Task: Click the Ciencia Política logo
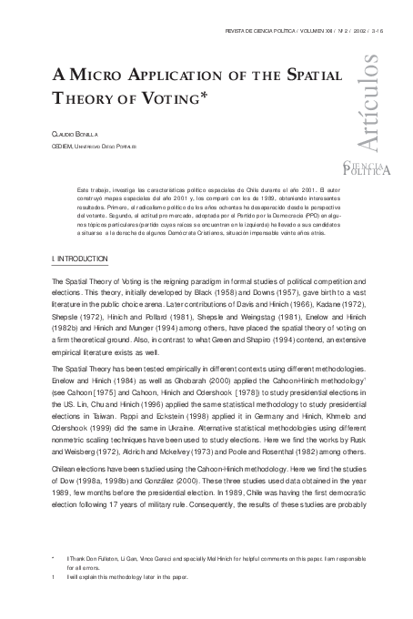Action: (367, 167)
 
